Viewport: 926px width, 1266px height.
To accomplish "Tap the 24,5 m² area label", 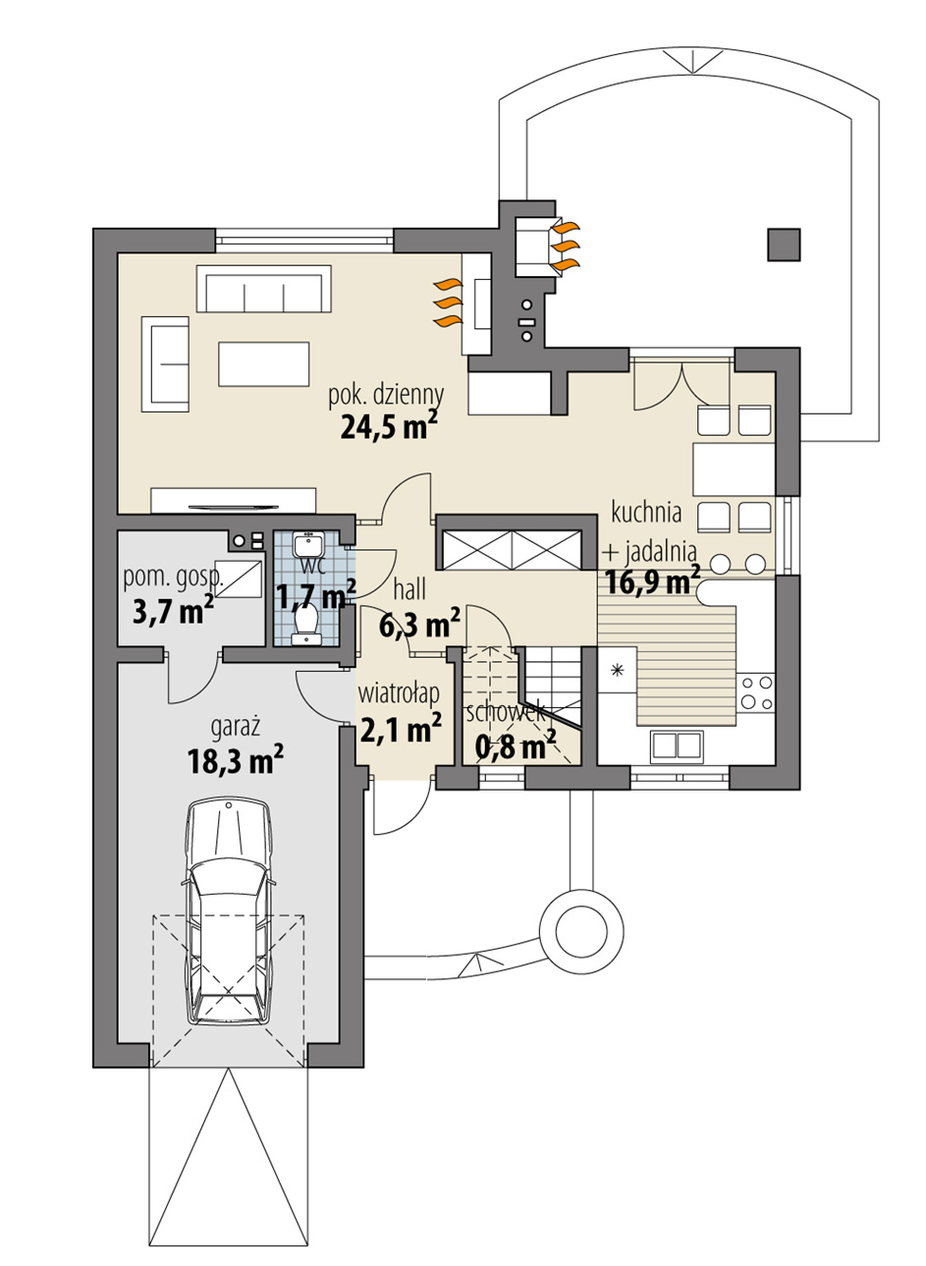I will point(389,425).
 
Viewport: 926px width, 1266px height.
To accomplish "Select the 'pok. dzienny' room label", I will point(386,395).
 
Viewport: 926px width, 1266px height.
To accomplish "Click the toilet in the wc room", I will point(307,623).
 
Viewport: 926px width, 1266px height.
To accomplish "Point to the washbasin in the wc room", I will point(306,545).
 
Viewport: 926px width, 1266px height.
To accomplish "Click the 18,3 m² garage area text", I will point(235,759).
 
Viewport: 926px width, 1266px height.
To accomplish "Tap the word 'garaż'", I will point(236,727).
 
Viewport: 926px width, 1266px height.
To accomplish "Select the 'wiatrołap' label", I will point(398,694).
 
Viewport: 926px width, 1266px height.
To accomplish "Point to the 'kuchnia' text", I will point(645,512).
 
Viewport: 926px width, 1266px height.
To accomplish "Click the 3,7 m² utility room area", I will point(173,612).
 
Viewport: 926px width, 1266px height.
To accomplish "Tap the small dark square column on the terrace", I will point(783,244).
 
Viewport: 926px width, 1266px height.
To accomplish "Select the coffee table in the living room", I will point(264,362).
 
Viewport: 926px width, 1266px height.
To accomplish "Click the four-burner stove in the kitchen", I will point(757,690).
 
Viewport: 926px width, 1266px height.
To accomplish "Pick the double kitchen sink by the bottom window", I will point(678,746).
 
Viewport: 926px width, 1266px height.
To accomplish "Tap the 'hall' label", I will point(409,589).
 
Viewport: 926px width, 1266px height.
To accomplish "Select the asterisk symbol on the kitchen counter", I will point(617,671).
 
